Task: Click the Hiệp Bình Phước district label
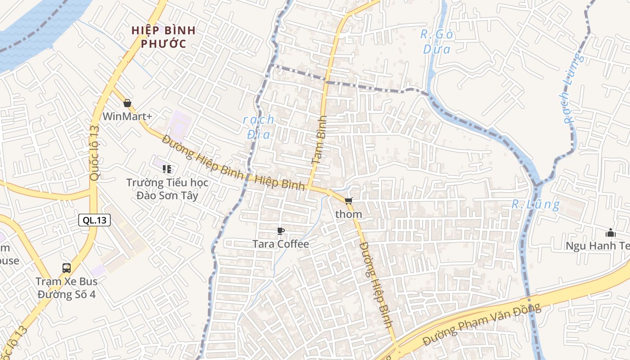click(163, 37)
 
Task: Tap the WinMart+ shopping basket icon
click(127, 103)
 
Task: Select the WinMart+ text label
click(127, 117)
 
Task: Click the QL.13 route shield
click(94, 220)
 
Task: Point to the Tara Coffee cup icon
click(281, 231)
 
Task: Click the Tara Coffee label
click(281, 244)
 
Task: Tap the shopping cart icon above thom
click(349, 201)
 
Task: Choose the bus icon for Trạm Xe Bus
click(67, 268)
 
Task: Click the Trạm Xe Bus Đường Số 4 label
click(67, 288)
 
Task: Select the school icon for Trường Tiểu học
click(167, 169)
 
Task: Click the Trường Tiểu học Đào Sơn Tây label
click(167, 189)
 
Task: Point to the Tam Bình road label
click(319, 139)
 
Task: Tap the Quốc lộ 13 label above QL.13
click(94, 153)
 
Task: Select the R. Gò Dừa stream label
click(436, 41)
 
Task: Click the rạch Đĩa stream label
click(258, 126)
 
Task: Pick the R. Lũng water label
click(535, 204)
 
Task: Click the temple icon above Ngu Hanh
click(611, 233)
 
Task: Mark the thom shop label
click(349, 214)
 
